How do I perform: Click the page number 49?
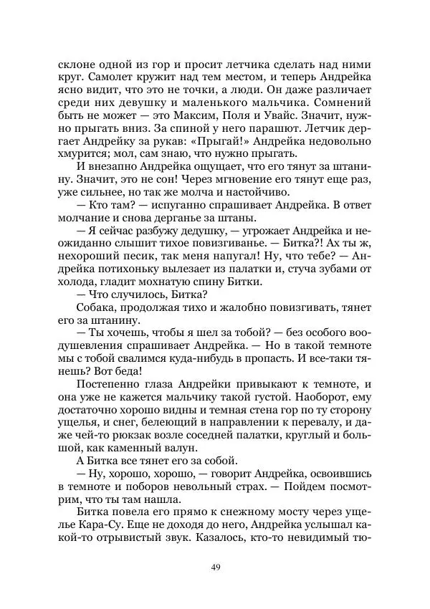[x=215, y=569]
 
